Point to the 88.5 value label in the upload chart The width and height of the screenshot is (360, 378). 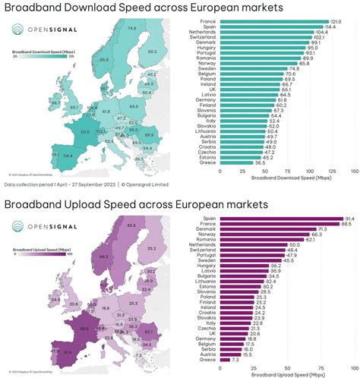click(x=346, y=224)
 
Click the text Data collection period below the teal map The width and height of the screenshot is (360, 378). click(x=38, y=184)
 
